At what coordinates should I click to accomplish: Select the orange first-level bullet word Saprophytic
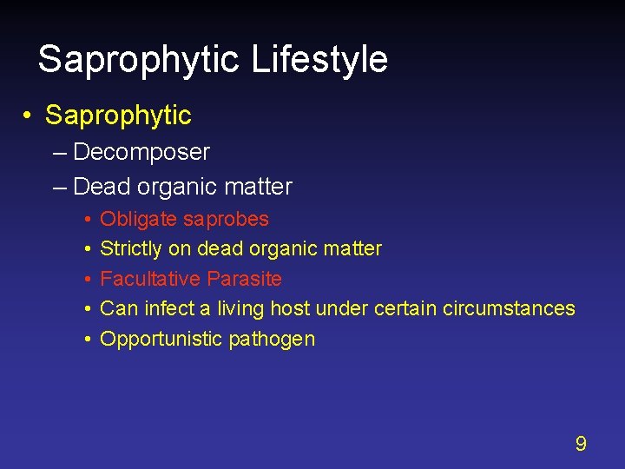click(x=118, y=115)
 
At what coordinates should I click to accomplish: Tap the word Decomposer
click(x=141, y=152)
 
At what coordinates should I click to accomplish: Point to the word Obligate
click(x=139, y=219)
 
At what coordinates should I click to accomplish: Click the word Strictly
click(x=131, y=248)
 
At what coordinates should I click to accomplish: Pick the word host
click(x=291, y=308)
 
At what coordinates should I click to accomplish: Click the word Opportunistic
click(x=161, y=339)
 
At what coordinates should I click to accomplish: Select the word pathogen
click(x=272, y=340)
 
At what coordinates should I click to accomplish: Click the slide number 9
click(x=581, y=444)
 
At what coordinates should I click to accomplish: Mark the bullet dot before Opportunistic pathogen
click(x=89, y=339)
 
